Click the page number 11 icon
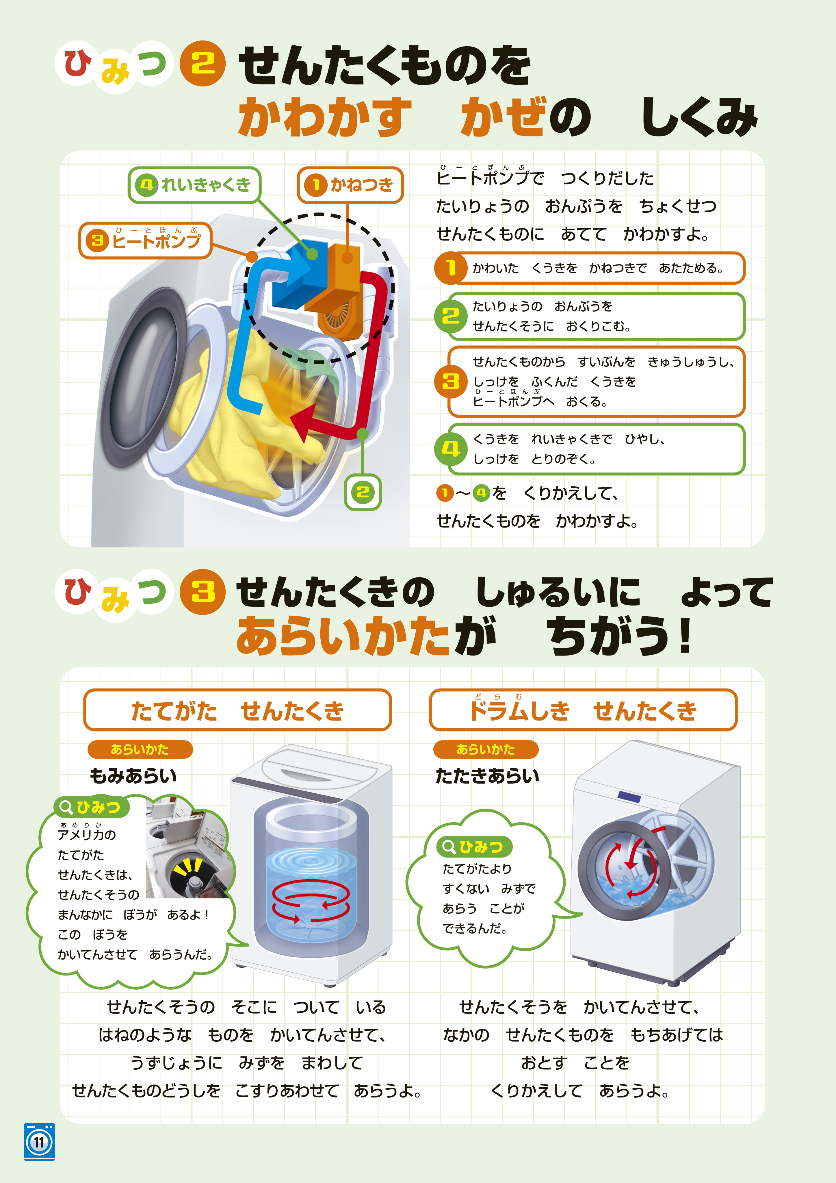[39, 1141]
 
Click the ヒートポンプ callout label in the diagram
[145, 240]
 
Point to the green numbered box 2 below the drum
[363, 492]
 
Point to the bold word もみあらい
[133, 775]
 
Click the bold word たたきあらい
[487, 775]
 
